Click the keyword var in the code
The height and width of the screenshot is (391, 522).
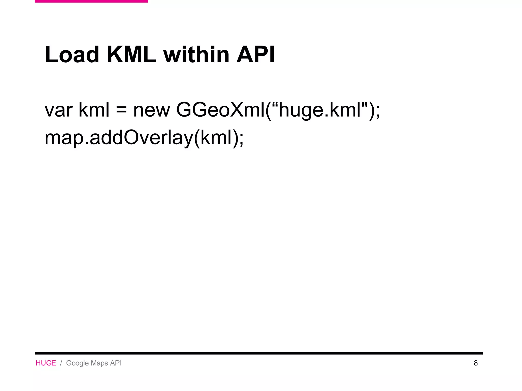(x=59, y=110)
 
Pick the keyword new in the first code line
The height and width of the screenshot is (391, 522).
(x=151, y=110)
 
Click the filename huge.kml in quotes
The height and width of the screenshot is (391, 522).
(x=320, y=110)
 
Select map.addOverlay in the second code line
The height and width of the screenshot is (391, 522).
(x=119, y=138)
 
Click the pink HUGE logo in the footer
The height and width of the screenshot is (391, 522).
(x=46, y=363)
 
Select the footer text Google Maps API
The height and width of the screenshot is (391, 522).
(x=94, y=363)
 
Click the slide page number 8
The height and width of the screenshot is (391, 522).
(x=476, y=363)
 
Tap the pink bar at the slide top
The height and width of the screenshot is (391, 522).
(x=91, y=1)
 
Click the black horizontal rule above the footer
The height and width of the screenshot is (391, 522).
(x=259, y=353)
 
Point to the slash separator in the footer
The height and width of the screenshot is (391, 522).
(x=61, y=363)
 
